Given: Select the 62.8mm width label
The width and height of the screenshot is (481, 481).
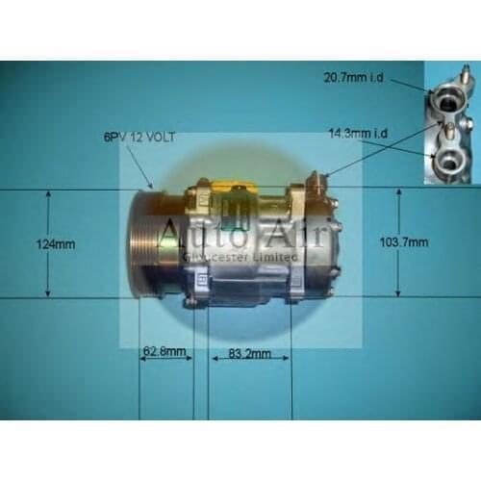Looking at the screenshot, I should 161,352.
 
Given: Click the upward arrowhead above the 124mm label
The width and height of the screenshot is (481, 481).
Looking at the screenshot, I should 47,195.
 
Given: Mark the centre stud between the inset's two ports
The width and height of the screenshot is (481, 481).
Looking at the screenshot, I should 448,129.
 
